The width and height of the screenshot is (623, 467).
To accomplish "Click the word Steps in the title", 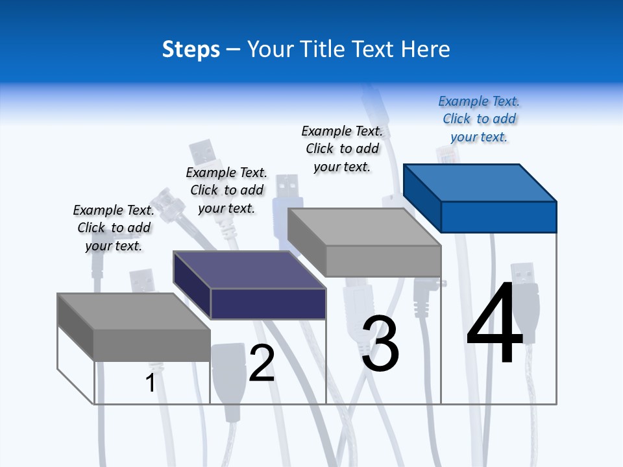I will [x=191, y=49].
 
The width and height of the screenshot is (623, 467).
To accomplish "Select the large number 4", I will [x=495, y=324].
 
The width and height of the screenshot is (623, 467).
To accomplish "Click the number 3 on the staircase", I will [x=380, y=344].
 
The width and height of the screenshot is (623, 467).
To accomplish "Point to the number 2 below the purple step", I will [x=262, y=363].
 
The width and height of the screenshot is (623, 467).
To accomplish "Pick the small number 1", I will [x=151, y=383].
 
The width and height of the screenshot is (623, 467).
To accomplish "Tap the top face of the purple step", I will [x=249, y=269].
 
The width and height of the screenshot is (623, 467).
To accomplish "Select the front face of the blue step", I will [x=498, y=217].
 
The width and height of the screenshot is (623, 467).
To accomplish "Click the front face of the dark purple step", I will [x=268, y=304].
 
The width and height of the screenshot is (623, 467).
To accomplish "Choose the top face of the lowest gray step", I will [x=133, y=311].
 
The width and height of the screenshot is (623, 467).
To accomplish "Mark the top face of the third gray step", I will [x=363, y=227].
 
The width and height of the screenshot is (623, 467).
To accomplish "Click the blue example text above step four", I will [x=479, y=119].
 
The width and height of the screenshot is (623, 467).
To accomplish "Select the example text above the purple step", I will [x=226, y=190].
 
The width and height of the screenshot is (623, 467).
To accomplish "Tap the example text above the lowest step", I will [x=114, y=228].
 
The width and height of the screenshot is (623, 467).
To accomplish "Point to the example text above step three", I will [x=342, y=149].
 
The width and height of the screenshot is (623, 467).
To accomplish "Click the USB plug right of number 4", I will [x=523, y=298].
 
